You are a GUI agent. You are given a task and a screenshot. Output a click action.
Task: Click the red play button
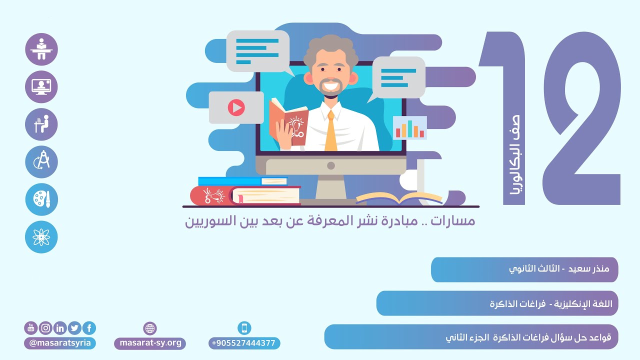click(236, 107)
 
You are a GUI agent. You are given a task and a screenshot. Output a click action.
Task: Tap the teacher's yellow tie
click(331, 132)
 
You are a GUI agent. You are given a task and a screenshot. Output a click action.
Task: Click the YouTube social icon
click(31, 328)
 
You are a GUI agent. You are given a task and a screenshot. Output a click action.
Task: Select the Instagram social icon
click(45, 328)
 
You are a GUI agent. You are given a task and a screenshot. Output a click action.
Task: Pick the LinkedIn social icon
click(60, 328)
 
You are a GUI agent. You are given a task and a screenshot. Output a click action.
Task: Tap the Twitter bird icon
click(74, 328)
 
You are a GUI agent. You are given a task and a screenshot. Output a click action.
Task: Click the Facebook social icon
click(89, 328)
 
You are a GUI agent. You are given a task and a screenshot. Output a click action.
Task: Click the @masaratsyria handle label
click(60, 343)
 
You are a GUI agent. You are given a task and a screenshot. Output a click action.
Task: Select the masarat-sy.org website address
click(150, 343)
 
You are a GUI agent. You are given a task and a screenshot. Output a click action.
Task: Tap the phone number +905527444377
click(244, 343)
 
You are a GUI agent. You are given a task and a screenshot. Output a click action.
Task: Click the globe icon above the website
click(150, 328)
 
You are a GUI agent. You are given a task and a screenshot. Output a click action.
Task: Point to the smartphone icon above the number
click(244, 328)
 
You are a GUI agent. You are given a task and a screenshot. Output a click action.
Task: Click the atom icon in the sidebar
click(41, 237)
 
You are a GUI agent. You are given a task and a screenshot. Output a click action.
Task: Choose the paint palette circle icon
click(41, 199)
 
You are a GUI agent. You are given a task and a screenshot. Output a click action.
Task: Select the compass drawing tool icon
click(41, 162)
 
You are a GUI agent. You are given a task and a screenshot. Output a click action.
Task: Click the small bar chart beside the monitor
click(410, 128)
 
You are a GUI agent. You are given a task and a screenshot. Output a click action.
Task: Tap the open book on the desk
click(399, 198)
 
